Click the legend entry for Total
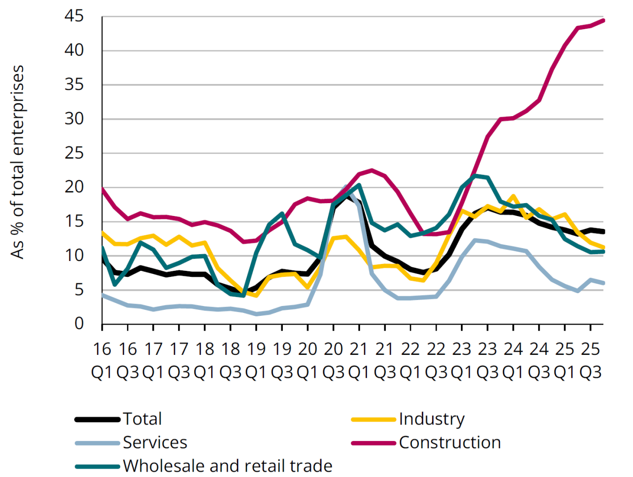pyautogui.click(x=142, y=419)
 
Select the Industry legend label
pyautogui.click(x=432, y=419)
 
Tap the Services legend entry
pyautogui.click(x=155, y=442)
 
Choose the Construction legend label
pyautogui.click(x=450, y=442)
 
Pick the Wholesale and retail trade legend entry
pyautogui.click(x=227, y=466)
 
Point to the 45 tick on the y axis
pyautogui.click(x=74, y=17)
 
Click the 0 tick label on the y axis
pyautogui.click(x=79, y=324)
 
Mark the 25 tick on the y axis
pyautogui.click(x=74, y=153)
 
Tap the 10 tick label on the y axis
pyautogui.click(x=74, y=256)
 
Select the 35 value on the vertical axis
pyautogui.click(x=74, y=85)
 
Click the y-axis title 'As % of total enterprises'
pyautogui.click(x=18, y=162)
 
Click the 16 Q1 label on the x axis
pyautogui.click(x=102, y=360)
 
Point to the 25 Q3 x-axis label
pyautogui.click(x=590, y=360)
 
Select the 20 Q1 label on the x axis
pyautogui.click(x=308, y=360)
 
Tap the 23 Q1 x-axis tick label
pyautogui.click(x=462, y=360)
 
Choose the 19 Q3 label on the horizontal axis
pyautogui.click(x=282, y=360)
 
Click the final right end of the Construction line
pyautogui.click(x=603, y=20)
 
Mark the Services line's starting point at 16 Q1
pyautogui.click(x=102, y=295)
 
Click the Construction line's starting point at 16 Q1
pyautogui.click(x=102, y=189)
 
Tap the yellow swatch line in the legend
pyautogui.click(x=373, y=419)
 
